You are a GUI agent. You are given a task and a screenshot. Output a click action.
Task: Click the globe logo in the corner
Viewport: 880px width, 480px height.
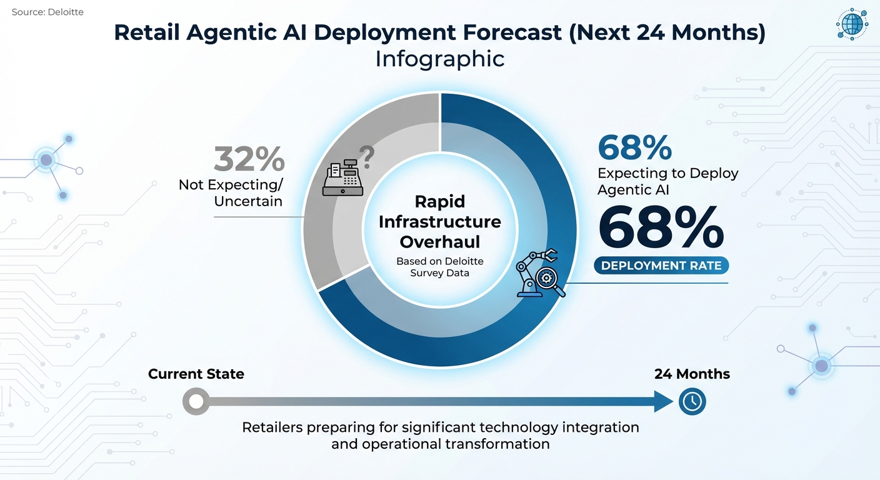pyautogui.click(x=852, y=24)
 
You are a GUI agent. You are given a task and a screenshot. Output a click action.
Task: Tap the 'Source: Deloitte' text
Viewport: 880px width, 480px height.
pyautogui.click(x=47, y=12)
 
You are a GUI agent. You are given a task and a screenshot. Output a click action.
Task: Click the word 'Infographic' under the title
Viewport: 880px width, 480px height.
pyautogui.click(x=439, y=59)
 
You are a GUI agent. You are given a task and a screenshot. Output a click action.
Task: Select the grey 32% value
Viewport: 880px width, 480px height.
pyautogui.click(x=249, y=159)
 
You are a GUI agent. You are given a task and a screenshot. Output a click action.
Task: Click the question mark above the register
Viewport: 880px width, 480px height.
pyautogui.click(x=367, y=157)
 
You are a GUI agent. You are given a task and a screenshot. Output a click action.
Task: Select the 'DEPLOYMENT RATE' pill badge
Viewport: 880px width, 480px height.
pyautogui.click(x=661, y=266)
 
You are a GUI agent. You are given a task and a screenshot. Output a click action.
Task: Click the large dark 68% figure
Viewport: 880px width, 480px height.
pyautogui.click(x=661, y=227)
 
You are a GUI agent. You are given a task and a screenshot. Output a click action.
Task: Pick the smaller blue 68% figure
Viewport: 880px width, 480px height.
pyautogui.click(x=634, y=147)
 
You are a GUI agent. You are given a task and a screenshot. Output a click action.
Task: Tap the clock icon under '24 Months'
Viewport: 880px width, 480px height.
pyautogui.click(x=692, y=401)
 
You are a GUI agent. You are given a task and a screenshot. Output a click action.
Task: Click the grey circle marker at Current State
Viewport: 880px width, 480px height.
pyautogui.click(x=196, y=401)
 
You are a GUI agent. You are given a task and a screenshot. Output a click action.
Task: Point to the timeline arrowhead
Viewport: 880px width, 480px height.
pyautogui.click(x=664, y=401)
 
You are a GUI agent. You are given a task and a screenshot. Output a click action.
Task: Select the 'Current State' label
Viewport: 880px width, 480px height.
pyautogui.click(x=196, y=374)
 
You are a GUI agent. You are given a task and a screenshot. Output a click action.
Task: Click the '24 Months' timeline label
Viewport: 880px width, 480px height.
pyautogui.click(x=692, y=374)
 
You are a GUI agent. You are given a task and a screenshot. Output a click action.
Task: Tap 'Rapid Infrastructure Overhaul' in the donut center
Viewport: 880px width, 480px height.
pyautogui.click(x=439, y=222)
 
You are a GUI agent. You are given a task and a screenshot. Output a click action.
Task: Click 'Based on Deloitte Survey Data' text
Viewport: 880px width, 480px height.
pyautogui.click(x=439, y=267)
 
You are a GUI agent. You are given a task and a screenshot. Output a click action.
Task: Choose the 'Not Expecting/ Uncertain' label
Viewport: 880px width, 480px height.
pyautogui.click(x=231, y=193)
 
